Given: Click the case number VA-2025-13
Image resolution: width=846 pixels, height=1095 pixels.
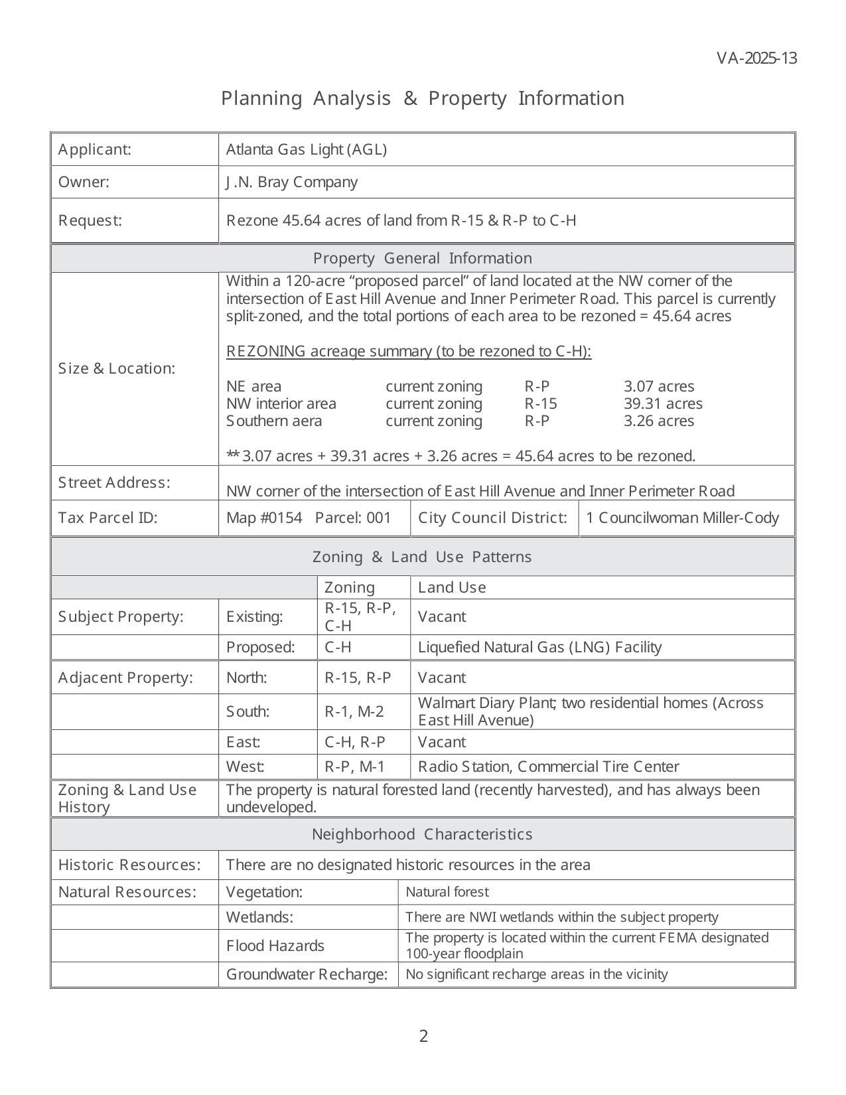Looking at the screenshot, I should coord(756,58).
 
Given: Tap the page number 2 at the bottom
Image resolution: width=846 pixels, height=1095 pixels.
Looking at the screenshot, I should coord(423,1036).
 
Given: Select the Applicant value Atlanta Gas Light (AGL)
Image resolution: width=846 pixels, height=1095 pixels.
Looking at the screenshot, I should coord(306,149).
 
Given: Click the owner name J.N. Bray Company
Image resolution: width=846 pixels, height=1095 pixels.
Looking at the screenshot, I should coord(291,182).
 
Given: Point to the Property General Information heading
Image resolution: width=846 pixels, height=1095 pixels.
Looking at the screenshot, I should coord(422,258).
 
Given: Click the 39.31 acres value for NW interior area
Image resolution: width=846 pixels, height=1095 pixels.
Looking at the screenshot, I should coord(662,403).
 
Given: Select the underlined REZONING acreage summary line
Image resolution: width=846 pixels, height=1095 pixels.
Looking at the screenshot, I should coord(408,351).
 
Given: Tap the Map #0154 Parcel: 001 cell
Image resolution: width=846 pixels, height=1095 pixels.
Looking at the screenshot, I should coord(309,518).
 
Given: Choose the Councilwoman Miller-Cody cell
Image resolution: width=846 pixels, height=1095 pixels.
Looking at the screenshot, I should coord(682,518).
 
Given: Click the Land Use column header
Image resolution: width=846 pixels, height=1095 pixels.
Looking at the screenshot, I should coord(452,587).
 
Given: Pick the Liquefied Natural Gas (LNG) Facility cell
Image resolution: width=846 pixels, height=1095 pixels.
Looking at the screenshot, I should coord(539,647).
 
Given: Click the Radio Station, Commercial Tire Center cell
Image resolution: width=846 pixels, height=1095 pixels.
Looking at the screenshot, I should coord(548,767).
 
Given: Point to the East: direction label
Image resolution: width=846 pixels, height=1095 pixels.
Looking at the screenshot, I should coord(243,742).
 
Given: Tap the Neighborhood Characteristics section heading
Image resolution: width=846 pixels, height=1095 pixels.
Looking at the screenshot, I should coord(422,834).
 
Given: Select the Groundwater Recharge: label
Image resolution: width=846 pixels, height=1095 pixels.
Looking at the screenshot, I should coord(307,974).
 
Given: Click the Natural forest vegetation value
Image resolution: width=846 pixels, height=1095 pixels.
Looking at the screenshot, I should coord(447,892).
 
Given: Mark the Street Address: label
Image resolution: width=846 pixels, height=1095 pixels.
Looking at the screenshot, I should coord(114,482).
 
